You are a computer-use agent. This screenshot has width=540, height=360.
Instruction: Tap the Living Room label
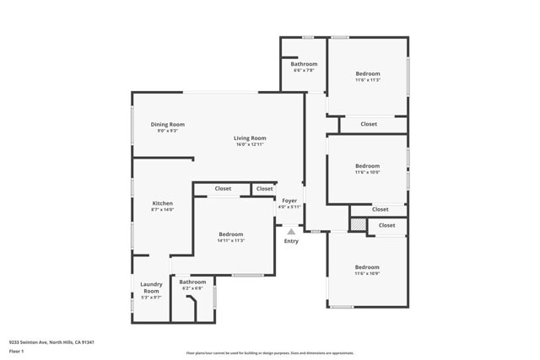point(250,138)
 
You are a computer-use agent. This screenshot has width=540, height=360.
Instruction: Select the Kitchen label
point(162,203)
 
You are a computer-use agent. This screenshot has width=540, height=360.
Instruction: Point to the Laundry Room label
point(151,287)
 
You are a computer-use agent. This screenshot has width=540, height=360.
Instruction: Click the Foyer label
point(289,200)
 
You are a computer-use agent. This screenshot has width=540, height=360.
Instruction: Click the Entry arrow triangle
point(291,230)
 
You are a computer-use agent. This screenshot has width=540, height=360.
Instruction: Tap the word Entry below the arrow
point(291,241)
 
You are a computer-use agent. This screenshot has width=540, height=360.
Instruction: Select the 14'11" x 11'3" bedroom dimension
point(230,240)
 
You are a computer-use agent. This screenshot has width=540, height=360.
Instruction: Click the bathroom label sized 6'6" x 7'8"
point(304,64)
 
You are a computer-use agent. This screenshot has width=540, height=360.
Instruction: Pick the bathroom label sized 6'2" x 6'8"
point(192,282)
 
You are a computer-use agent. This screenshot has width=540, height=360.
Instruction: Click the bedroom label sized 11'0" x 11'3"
point(367,73)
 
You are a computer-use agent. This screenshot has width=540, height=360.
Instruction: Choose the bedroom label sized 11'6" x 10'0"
point(367,166)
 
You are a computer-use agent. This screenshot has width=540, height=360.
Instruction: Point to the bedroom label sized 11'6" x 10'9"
point(367,267)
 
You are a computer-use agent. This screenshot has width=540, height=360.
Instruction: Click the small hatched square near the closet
point(359,225)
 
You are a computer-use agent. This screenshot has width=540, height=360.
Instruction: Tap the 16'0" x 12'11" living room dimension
point(250,145)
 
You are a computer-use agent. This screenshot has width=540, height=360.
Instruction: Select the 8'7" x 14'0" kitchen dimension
point(162,210)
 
